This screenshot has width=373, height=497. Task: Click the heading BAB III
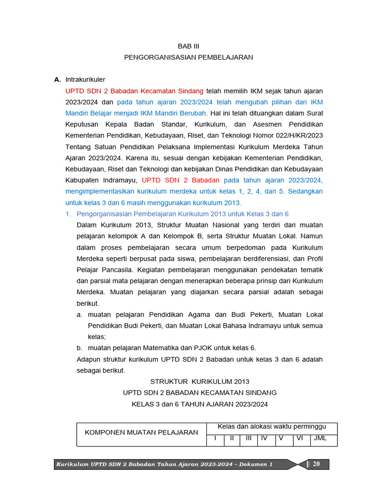pyautogui.click(x=188, y=46)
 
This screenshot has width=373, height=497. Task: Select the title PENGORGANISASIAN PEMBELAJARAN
pyautogui.click(x=188, y=57)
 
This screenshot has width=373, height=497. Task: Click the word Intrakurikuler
pyautogui.click(x=85, y=80)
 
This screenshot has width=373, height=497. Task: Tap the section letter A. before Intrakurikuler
pyautogui.click(x=57, y=80)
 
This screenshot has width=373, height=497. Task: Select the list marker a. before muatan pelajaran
pyautogui.click(x=80, y=315)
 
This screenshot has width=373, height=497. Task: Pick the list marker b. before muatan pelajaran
pyautogui.click(x=80, y=348)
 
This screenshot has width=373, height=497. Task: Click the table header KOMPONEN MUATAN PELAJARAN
pyautogui.click(x=141, y=432)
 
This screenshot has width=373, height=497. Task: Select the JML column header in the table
pyautogui.click(x=321, y=438)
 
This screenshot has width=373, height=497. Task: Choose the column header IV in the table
pyautogui.click(x=264, y=438)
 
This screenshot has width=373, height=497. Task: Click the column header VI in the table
pyautogui.click(x=300, y=438)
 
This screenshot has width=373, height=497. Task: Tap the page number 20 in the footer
pyautogui.click(x=316, y=464)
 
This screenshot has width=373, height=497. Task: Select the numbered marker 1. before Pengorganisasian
pyautogui.click(x=68, y=214)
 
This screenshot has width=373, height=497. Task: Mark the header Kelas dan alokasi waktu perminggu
pyautogui.click(x=271, y=427)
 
